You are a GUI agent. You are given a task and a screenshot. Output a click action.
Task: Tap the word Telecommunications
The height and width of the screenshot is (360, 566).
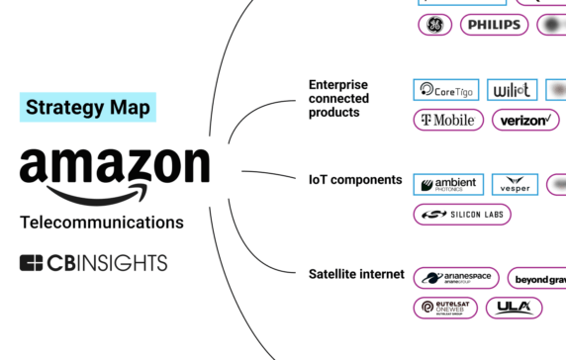[x=102, y=223]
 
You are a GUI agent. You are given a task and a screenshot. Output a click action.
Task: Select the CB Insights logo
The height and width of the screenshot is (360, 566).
[x=94, y=262]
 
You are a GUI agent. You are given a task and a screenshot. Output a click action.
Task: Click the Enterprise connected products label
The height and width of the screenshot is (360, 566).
[x=338, y=99]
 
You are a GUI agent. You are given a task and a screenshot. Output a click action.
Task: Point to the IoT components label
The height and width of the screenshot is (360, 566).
[x=355, y=180]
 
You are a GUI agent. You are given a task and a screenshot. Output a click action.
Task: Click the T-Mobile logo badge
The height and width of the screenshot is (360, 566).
[x=448, y=121]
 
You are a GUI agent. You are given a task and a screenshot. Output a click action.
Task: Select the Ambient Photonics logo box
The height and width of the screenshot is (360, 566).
[x=448, y=185]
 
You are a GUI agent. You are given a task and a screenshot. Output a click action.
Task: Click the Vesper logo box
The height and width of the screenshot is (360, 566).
[x=515, y=185]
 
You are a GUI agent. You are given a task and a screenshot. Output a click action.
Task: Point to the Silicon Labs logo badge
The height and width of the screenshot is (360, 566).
[x=461, y=215]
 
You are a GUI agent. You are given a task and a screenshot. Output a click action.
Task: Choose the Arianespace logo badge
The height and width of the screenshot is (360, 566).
[x=456, y=278]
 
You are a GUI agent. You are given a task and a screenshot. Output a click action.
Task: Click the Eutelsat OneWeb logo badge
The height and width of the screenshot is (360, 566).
[x=445, y=308]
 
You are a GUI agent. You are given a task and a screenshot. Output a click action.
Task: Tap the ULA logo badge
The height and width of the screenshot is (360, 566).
[x=514, y=308]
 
